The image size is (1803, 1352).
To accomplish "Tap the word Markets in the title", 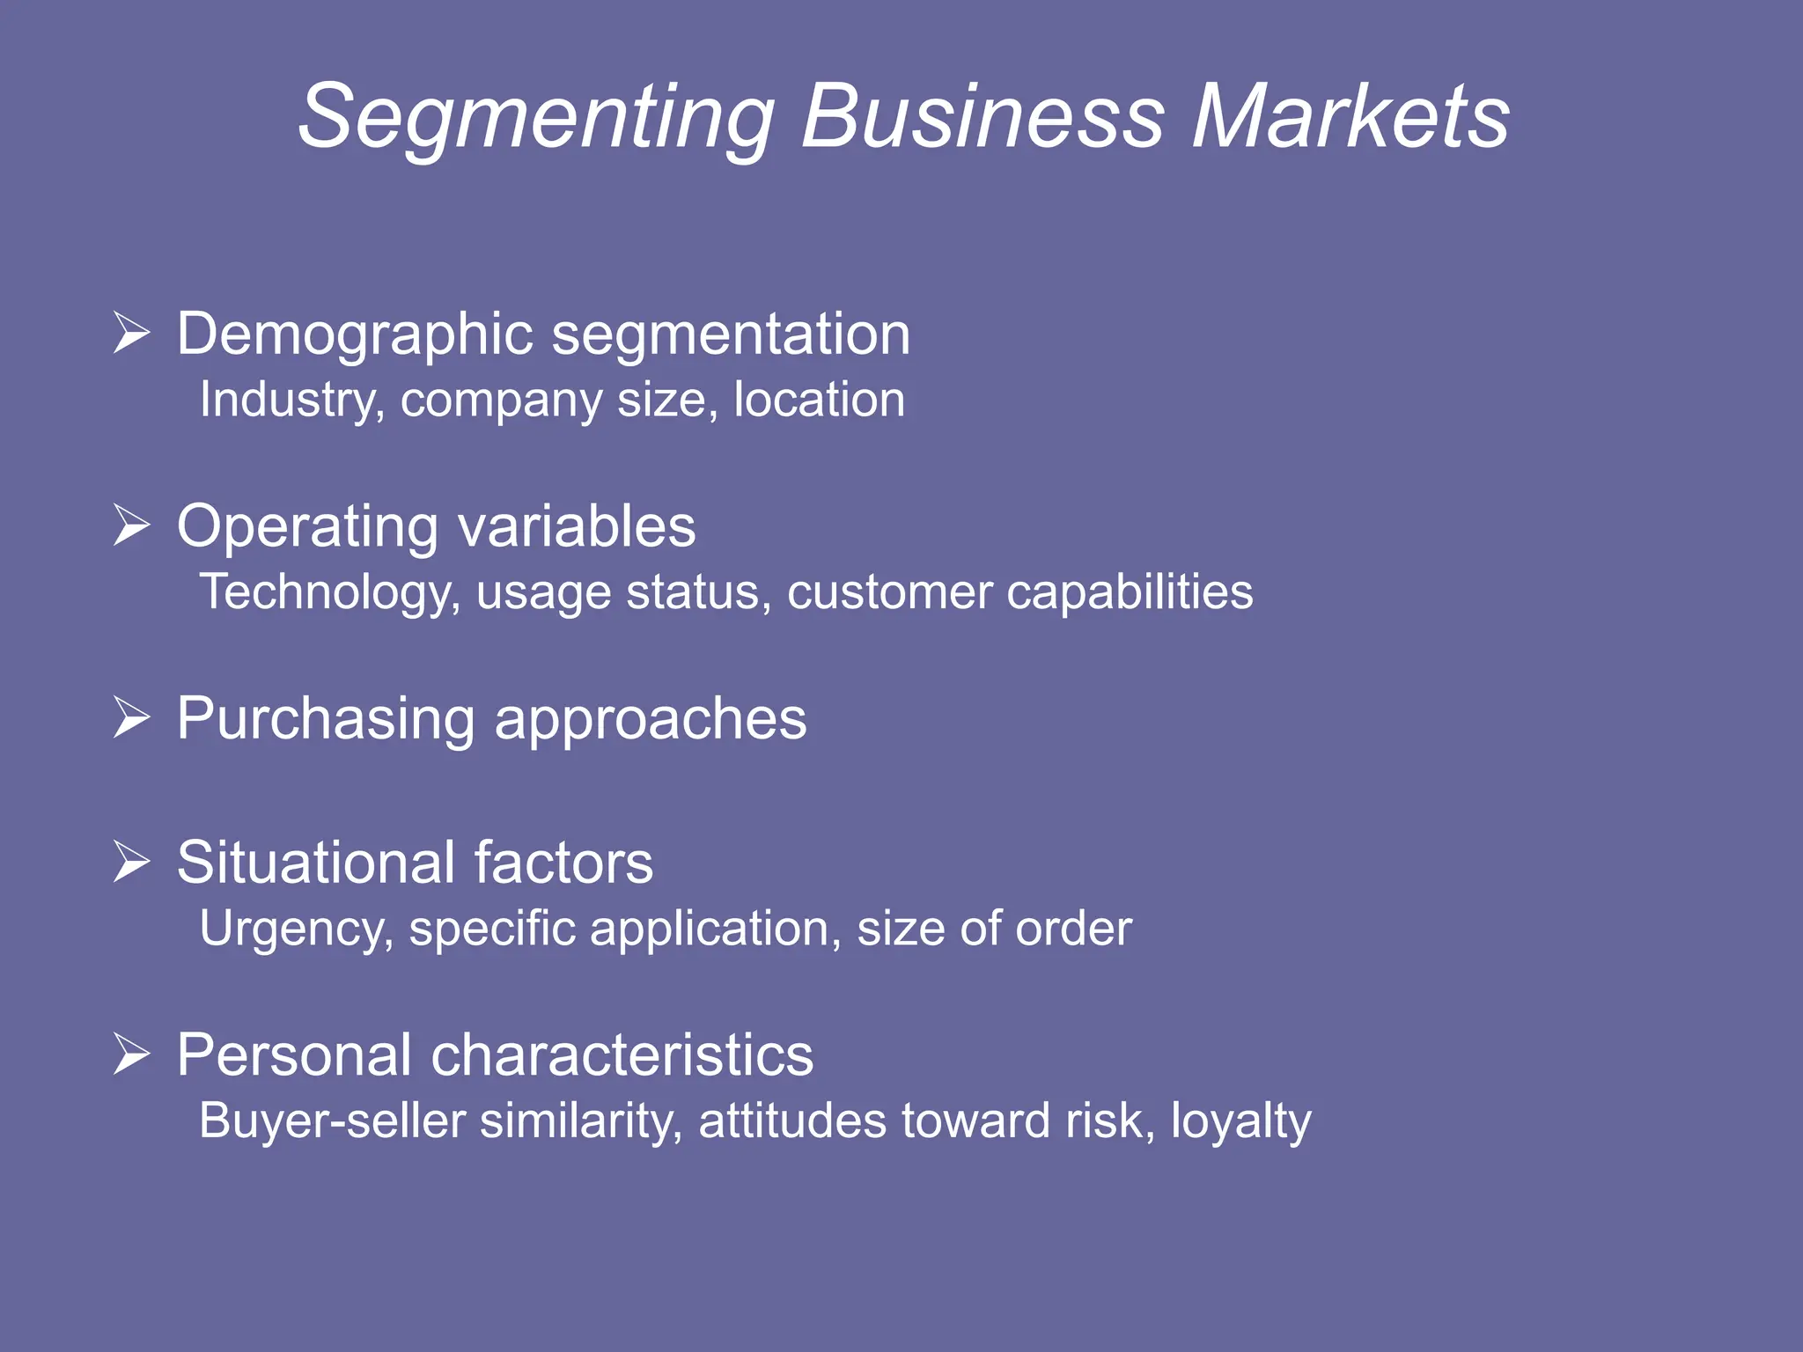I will point(1351,117).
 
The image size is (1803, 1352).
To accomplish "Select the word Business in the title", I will point(982,117).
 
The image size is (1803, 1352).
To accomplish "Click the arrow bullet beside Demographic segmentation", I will point(132,334).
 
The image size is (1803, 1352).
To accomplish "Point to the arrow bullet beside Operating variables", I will point(132,525).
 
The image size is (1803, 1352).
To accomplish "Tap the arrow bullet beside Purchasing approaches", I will point(132,717).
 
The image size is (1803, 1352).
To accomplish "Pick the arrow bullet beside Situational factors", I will point(132,861).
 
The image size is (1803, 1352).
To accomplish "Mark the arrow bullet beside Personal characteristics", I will point(132,1054).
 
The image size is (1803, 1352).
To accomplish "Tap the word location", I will point(819,400).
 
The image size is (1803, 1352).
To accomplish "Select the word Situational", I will point(317,863).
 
